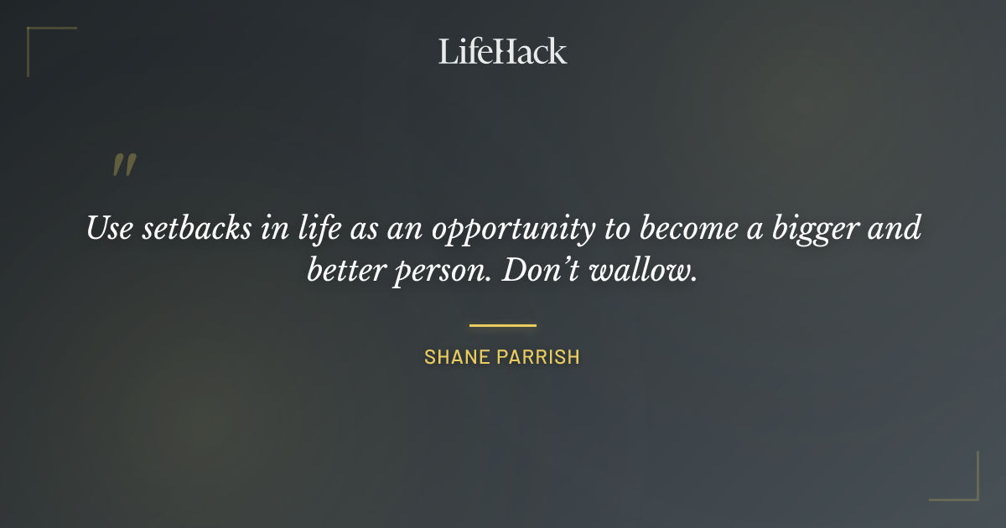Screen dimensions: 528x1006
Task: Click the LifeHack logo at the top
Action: [502, 51]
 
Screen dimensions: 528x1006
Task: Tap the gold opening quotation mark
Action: [124, 165]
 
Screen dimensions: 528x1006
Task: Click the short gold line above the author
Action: [502, 325]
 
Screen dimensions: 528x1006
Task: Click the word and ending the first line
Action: [894, 228]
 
